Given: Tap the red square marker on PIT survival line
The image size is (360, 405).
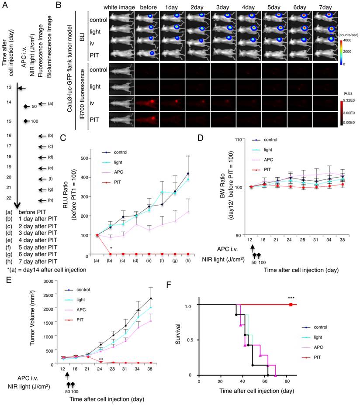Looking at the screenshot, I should pos(291,304).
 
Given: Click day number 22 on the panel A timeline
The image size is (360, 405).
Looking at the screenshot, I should pos(9,198).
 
